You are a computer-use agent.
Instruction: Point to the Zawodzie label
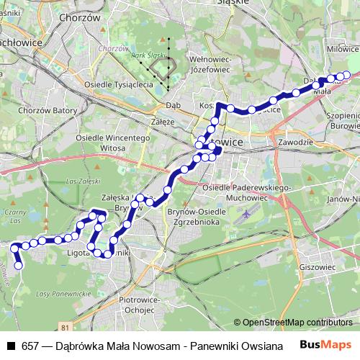point(294,143)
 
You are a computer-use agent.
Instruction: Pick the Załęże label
point(163,122)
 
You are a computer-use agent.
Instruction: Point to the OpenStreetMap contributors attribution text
point(292,323)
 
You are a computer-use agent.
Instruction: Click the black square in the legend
point(10,346)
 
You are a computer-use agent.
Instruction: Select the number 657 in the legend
point(30,346)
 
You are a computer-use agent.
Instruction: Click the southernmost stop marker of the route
point(19,266)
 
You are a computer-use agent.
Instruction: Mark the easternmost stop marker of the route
point(346,75)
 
